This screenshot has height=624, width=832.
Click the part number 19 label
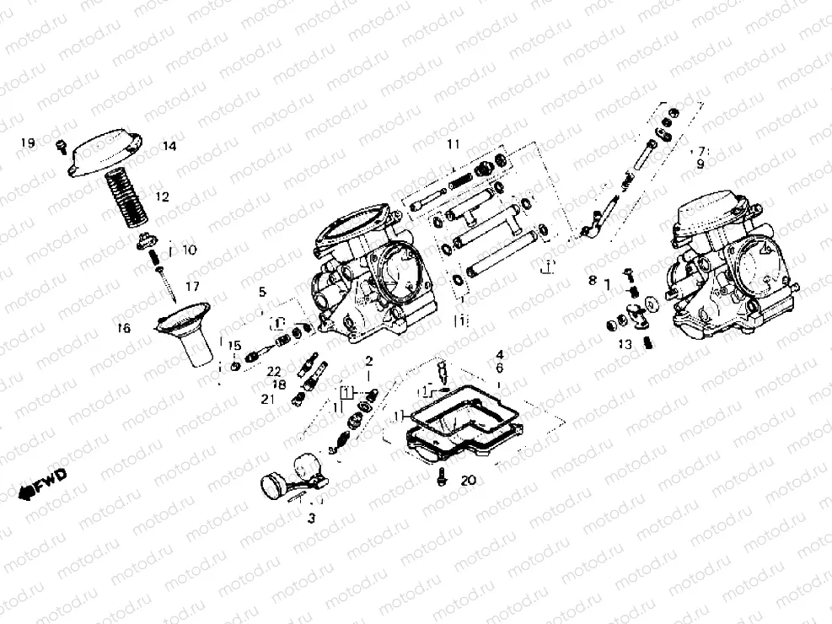point(28,143)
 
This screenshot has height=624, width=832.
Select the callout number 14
point(169,146)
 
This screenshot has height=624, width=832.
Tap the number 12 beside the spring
point(162,196)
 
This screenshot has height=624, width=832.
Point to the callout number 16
point(124,329)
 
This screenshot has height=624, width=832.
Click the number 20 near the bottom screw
point(469,481)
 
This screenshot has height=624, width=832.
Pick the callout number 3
point(311,518)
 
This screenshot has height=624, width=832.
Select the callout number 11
point(454,144)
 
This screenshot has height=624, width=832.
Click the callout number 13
point(625,344)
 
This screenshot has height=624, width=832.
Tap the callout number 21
point(268,399)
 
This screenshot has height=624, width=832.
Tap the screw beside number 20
point(442,477)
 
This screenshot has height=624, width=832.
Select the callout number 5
point(262,293)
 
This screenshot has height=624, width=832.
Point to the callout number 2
point(368,361)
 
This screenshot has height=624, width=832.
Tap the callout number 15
point(234,345)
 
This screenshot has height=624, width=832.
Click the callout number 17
point(193,287)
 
